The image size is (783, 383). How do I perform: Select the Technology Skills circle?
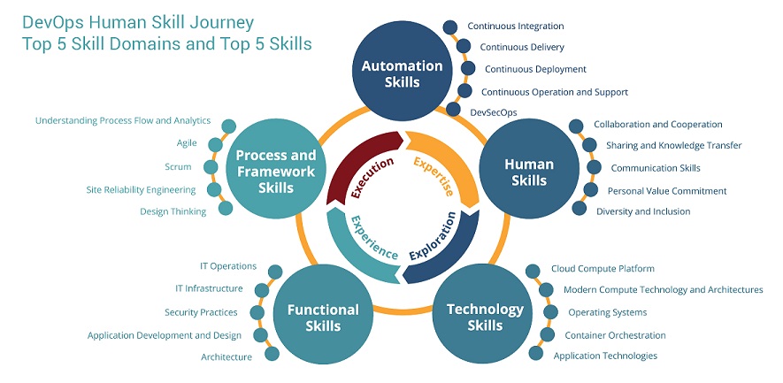point(485,314)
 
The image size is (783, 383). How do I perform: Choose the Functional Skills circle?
point(323,314)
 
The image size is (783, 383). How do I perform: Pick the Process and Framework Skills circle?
point(276,171)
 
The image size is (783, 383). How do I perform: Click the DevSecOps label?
point(494,113)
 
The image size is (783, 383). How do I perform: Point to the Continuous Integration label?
point(515,27)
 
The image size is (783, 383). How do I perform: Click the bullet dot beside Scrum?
point(211,167)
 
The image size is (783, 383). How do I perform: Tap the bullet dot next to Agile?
point(215,145)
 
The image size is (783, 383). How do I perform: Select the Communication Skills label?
point(656,168)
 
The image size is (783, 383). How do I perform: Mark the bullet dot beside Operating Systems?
point(550,312)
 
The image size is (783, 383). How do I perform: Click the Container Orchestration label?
point(615,335)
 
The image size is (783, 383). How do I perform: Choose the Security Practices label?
point(201,312)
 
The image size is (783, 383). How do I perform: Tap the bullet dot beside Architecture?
point(273,354)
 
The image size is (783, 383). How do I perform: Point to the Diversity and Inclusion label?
point(643,211)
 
